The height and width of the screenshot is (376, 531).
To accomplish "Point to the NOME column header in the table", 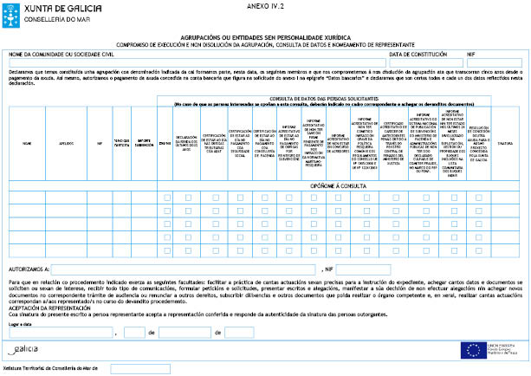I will point(27,143).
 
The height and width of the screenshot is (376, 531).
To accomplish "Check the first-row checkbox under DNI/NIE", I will point(165,199).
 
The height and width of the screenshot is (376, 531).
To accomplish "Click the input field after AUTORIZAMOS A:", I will point(185,269).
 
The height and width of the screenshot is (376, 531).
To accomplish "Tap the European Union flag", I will point(472,349).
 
